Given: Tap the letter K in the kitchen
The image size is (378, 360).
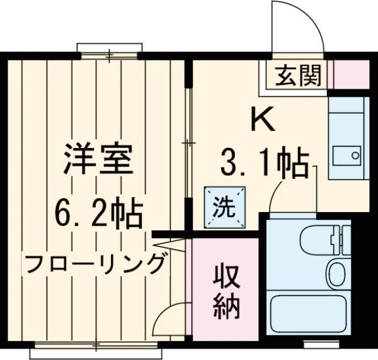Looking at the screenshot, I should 263,119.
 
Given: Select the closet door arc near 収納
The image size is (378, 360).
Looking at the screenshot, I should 169,315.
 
